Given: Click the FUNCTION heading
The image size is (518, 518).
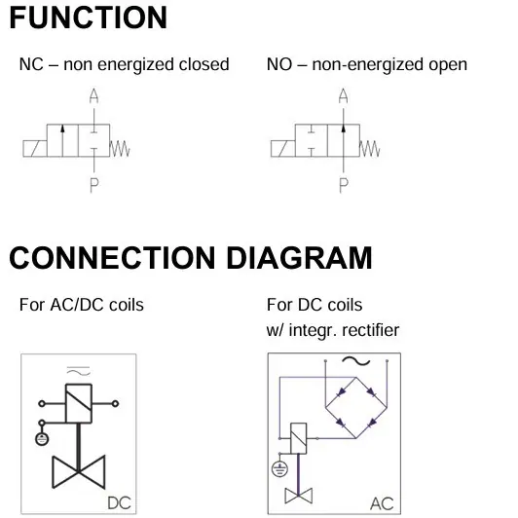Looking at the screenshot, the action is coord(89,18).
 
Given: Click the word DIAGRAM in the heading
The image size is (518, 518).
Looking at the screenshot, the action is coord(299,258).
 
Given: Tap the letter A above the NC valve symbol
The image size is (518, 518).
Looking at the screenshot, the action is coord(93,95).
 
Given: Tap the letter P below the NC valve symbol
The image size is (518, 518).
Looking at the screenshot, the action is coord(94,185).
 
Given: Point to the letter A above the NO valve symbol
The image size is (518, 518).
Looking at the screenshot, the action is coord(344,95).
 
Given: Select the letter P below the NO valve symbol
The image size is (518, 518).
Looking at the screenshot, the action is coord(344,185).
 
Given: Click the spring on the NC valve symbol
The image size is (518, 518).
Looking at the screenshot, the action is coord(120,149).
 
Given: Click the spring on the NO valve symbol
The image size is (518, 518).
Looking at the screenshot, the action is coord(370,149).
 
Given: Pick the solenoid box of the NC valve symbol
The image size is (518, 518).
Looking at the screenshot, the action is coord(35,149).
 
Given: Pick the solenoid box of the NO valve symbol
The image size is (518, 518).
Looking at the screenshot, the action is coord(282,149).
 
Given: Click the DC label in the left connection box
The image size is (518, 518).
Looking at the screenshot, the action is coord(119,503).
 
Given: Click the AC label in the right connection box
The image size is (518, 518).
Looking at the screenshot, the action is coord(382,503).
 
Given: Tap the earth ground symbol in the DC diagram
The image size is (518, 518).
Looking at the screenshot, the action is coord(42,439).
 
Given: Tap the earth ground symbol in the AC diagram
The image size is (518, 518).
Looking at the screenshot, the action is coord(279,468).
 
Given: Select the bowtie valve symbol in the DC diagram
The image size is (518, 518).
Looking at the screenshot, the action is coord(79,471).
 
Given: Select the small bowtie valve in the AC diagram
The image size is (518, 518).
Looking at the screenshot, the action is coord(299,496).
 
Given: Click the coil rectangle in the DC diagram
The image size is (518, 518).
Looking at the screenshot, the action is coord(79,403).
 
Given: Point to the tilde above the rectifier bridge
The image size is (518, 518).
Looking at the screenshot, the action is coord(355,361).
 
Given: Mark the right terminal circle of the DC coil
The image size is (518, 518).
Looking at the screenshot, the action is coord(115,403).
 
